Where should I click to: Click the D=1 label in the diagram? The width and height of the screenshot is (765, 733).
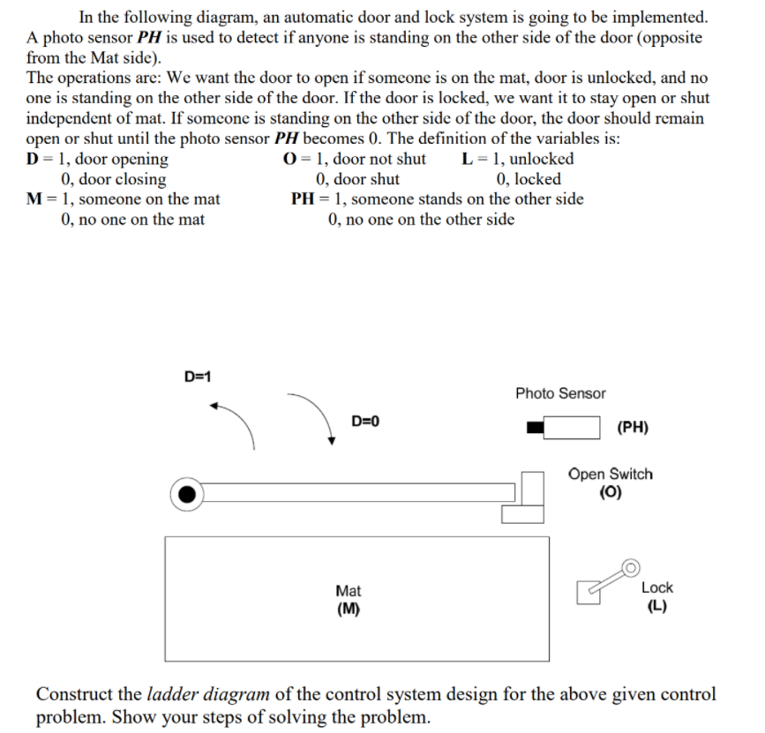click(197, 377)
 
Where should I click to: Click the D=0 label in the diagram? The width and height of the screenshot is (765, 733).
click(364, 421)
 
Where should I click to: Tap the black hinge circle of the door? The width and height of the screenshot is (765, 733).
click(186, 494)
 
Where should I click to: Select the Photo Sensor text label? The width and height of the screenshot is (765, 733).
click(560, 393)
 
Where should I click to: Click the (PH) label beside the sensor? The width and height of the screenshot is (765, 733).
click(633, 429)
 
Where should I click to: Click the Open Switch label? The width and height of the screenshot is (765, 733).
click(611, 474)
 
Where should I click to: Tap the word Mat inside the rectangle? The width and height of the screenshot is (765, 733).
click(349, 591)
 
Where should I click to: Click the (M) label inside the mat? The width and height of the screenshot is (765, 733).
click(349, 609)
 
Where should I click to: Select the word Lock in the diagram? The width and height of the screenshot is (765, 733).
click(656, 587)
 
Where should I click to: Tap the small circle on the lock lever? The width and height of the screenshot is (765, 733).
click(630, 566)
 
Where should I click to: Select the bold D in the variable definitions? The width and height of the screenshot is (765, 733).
click(33, 160)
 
